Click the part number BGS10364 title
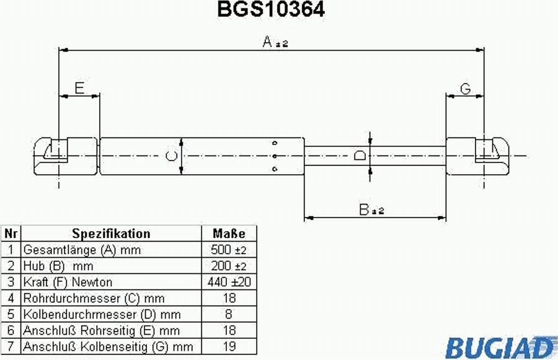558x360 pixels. coord(271,9)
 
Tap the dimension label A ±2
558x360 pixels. coord(275,42)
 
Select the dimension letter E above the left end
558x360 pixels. coord(79,88)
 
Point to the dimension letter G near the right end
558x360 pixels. coord(465,89)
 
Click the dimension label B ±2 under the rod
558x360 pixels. coord(371,209)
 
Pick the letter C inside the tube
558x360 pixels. coord(172,156)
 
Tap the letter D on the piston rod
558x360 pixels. coord(360,156)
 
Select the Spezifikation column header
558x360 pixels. coord(111,234)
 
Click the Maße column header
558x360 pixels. coord(229,234)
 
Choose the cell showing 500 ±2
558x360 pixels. coord(228,250)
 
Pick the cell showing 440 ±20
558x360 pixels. coord(228,282)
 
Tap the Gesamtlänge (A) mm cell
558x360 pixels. coord(111,250)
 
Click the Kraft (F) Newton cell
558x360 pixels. coord(111,282)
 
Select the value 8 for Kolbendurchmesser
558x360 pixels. coord(228,314)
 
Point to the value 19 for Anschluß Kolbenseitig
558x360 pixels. coord(229,346)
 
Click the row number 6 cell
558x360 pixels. coord(11,330)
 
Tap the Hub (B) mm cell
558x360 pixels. coord(111,266)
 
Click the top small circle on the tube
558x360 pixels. coord(275,143)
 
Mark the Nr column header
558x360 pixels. coord(11,234)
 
